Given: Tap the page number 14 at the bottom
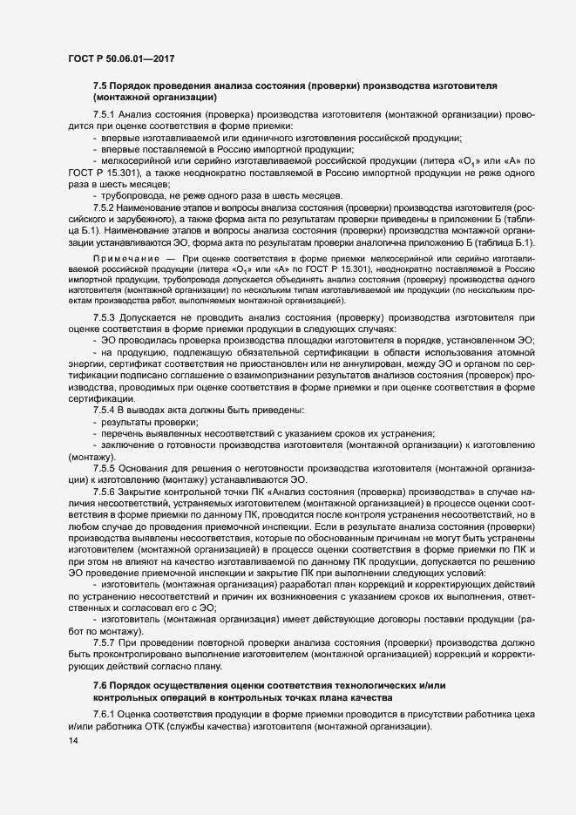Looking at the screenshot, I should pos(61,741).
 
